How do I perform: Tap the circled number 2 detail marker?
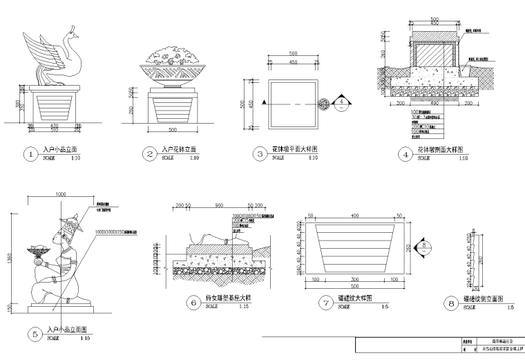150,154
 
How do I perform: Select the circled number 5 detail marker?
35,334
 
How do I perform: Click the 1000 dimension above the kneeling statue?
60,194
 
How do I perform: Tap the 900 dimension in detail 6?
218,206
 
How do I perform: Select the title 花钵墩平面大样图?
298,149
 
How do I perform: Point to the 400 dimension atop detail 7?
354,216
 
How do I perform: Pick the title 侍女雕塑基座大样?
229,297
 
